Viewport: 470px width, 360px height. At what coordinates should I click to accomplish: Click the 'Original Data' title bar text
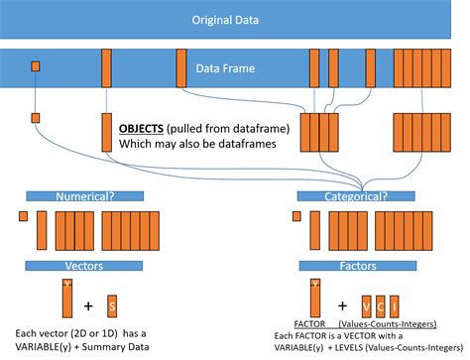point(234,19)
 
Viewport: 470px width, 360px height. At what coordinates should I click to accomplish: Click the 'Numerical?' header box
point(85,196)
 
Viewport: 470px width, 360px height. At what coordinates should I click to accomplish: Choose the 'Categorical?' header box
point(355,196)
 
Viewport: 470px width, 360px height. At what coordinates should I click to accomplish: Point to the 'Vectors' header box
point(85,265)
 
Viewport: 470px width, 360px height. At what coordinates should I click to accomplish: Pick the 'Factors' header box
point(355,265)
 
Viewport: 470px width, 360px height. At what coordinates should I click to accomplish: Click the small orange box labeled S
point(112,303)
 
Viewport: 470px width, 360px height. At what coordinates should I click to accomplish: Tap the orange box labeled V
point(367,303)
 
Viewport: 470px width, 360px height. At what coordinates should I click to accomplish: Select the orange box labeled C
point(382,303)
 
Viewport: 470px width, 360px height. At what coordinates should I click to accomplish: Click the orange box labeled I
point(397,303)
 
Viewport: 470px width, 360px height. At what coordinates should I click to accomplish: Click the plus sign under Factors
point(343,304)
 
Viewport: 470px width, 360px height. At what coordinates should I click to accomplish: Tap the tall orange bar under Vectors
point(66,298)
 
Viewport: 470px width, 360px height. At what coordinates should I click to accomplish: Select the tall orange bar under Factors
point(315,298)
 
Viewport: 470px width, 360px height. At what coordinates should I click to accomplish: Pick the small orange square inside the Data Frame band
point(36,66)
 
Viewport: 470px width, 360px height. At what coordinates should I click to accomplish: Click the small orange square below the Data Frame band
point(36,118)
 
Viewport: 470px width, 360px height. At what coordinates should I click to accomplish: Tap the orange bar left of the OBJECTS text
point(106,131)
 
